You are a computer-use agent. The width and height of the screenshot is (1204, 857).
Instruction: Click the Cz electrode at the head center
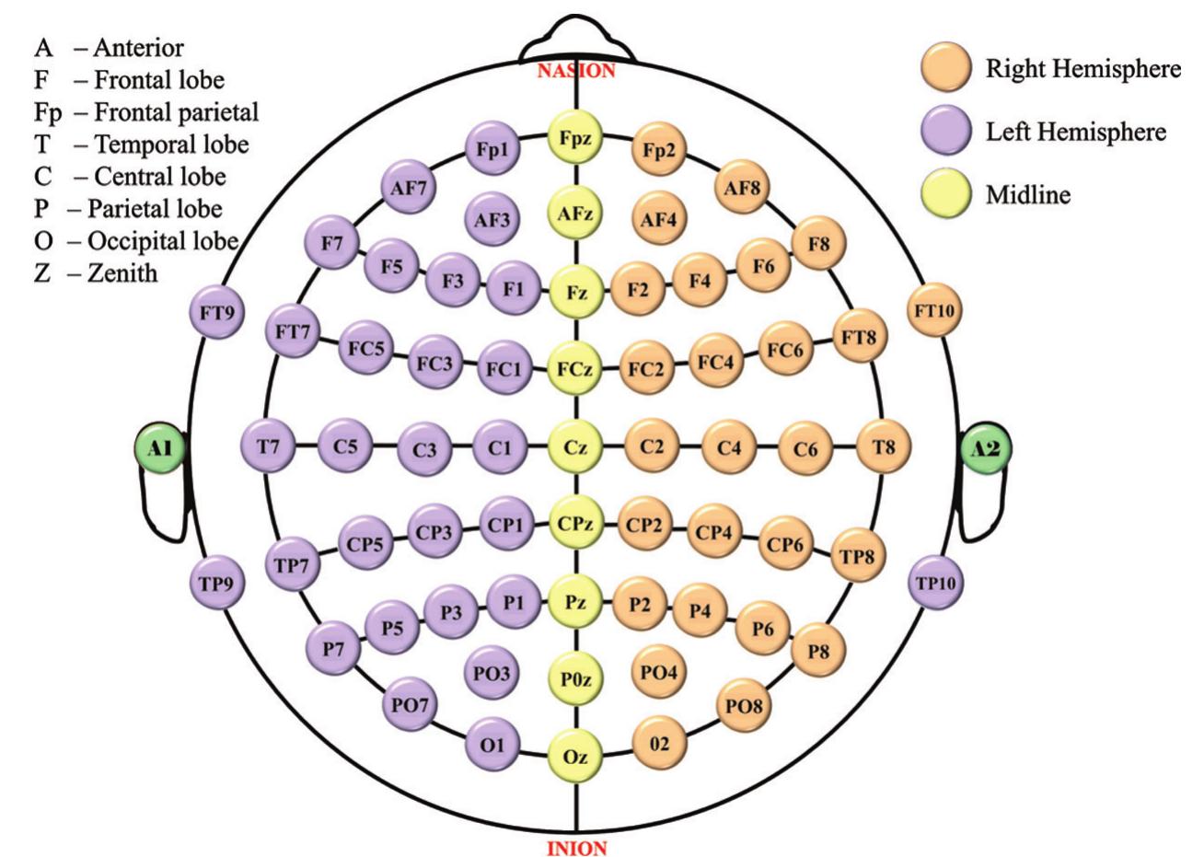pyautogui.click(x=575, y=447)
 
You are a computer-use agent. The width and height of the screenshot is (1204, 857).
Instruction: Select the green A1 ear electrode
pyautogui.click(x=160, y=448)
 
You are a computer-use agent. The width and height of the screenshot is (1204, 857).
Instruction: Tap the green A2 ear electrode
pyautogui.click(x=987, y=448)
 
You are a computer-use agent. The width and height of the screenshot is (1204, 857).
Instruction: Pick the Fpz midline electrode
pyautogui.click(x=575, y=137)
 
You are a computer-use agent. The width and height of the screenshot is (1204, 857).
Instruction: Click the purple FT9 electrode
pyautogui.click(x=216, y=312)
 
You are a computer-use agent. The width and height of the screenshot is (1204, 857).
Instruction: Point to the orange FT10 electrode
pyautogui.click(x=934, y=310)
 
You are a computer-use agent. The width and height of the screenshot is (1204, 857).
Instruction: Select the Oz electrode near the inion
pyautogui.click(x=575, y=757)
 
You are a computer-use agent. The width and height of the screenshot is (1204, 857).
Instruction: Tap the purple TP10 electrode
pyautogui.click(x=936, y=583)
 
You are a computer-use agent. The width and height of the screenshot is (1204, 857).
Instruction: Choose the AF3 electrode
pyautogui.click(x=492, y=219)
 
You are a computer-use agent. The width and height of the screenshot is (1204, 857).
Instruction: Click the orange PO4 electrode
pyautogui.click(x=658, y=672)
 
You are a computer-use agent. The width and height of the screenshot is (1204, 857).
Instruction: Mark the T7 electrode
pyautogui.click(x=268, y=446)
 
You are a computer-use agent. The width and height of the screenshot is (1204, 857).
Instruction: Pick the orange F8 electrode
pyautogui.click(x=818, y=244)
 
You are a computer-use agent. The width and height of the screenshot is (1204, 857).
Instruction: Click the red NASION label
pyautogui.click(x=576, y=71)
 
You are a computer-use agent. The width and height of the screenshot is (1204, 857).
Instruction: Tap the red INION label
pyautogui.click(x=577, y=848)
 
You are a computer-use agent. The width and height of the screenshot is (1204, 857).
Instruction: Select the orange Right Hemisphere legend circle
pyautogui.click(x=946, y=68)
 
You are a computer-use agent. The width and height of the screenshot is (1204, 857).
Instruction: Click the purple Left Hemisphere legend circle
pyautogui.click(x=946, y=131)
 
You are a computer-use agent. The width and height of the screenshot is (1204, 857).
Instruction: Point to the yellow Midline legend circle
pyautogui.click(x=946, y=193)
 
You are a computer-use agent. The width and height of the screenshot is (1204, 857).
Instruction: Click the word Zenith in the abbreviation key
pyautogui.click(x=123, y=273)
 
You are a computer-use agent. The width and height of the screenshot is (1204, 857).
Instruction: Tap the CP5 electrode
pyautogui.click(x=365, y=543)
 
